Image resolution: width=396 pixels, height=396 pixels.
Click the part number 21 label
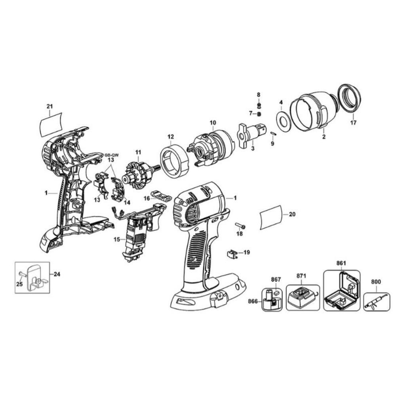(50, 107)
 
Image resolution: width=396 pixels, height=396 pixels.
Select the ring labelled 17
(350, 99)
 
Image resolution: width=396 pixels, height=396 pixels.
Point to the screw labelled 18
(240, 225)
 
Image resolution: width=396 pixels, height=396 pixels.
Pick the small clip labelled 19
(233, 253)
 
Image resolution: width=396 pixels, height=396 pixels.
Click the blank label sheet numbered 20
(271, 217)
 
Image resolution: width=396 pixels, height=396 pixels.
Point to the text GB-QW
(111, 155)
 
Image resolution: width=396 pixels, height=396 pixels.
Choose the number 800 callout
(376, 282)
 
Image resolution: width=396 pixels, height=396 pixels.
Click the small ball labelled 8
(259, 104)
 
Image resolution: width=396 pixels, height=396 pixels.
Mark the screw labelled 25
(21, 274)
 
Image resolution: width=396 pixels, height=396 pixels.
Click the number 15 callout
(117, 239)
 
